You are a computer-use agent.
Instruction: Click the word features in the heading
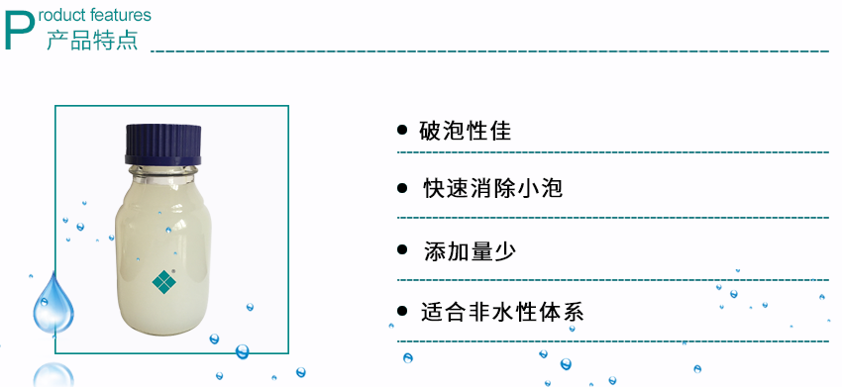(x=122, y=15)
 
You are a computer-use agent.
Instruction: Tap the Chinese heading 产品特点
(x=92, y=42)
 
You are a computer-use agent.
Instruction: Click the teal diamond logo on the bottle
(x=164, y=282)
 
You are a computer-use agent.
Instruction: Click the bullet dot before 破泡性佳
(x=401, y=130)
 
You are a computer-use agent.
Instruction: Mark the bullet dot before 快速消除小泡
(x=401, y=188)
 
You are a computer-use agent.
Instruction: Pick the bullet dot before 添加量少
(x=401, y=250)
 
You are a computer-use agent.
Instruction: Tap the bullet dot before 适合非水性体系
(x=401, y=312)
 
